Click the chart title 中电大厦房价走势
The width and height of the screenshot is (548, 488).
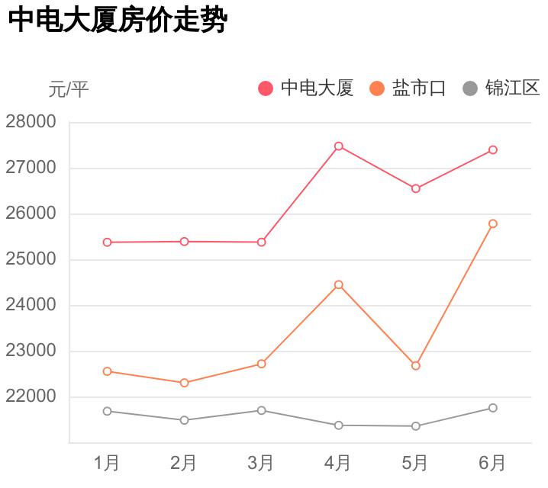(118, 21)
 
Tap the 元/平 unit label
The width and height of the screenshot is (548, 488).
(69, 90)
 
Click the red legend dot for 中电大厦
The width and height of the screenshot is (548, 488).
(266, 88)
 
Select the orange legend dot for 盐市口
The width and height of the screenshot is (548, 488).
(377, 88)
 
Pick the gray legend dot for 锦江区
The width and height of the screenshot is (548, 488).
(470, 88)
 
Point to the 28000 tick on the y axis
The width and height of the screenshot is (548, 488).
(31, 122)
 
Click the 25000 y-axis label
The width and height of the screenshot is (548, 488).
(31, 259)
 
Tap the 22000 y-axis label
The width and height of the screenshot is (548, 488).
(31, 396)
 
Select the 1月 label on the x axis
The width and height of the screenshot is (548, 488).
(107, 462)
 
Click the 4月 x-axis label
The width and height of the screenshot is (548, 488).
(338, 462)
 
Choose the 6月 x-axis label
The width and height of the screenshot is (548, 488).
(493, 462)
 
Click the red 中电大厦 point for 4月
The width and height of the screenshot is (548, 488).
(339, 146)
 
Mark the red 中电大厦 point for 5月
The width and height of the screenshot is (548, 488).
(416, 188)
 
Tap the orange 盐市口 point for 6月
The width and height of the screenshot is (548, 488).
(493, 223)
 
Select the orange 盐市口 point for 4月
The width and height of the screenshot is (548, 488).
(339, 284)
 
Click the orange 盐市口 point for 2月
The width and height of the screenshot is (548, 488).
(185, 383)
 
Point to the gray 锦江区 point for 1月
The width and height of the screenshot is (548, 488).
(107, 411)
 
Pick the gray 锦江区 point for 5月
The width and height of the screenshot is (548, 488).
(416, 426)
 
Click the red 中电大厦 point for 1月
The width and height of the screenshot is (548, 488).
(107, 242)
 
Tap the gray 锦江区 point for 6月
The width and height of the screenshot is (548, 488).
(493, 408)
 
